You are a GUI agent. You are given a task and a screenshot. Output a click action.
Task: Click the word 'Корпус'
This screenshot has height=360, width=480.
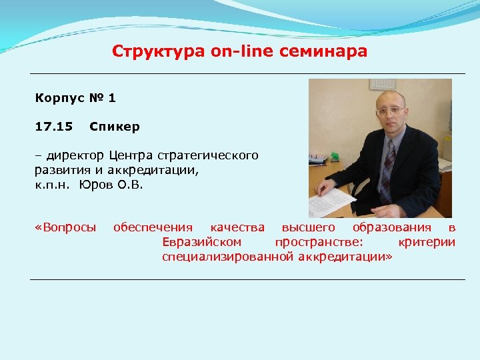click(60, 99)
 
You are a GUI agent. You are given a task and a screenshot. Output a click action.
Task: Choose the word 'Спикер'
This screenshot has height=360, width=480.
click(114, 126)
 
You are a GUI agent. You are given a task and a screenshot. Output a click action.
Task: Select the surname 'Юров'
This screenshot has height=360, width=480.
click(96, 185)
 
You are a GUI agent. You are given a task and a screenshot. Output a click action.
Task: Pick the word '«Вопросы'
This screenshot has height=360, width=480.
click(65, 227)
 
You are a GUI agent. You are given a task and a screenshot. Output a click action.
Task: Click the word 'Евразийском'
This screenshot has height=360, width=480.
click(202, 241)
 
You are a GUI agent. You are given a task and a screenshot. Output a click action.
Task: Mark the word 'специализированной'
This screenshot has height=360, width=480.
click(229, 256)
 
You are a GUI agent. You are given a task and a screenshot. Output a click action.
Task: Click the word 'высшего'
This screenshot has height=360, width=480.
click(309, 227)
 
